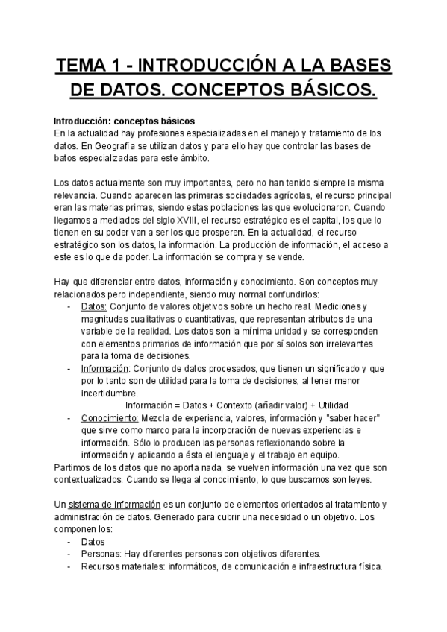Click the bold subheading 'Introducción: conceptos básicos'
coord(124,121)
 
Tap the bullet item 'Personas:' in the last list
coord(100,554)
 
